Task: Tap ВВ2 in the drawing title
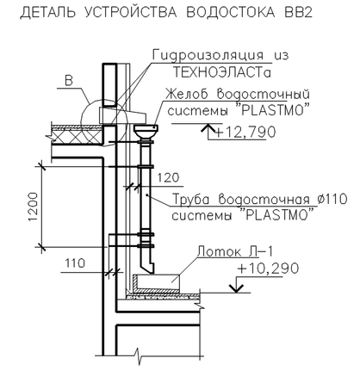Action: [298, 13]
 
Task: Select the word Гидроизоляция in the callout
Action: [208, 55]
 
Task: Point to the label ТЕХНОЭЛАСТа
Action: [222, 73]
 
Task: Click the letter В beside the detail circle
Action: [69, 81]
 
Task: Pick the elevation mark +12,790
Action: [245, 133]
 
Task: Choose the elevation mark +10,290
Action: [268, 269]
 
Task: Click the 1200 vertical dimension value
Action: [33, 207]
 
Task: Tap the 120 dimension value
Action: [168, 178]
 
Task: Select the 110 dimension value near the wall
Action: [75, 263]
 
